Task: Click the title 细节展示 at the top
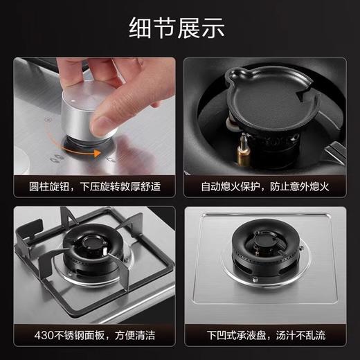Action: pos(179,28)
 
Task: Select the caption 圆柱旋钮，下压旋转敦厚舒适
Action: pos(91,186)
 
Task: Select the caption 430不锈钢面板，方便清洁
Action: pos(91,334)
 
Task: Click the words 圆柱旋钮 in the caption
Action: pos(53,186)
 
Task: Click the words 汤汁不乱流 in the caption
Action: pos(307,334)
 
